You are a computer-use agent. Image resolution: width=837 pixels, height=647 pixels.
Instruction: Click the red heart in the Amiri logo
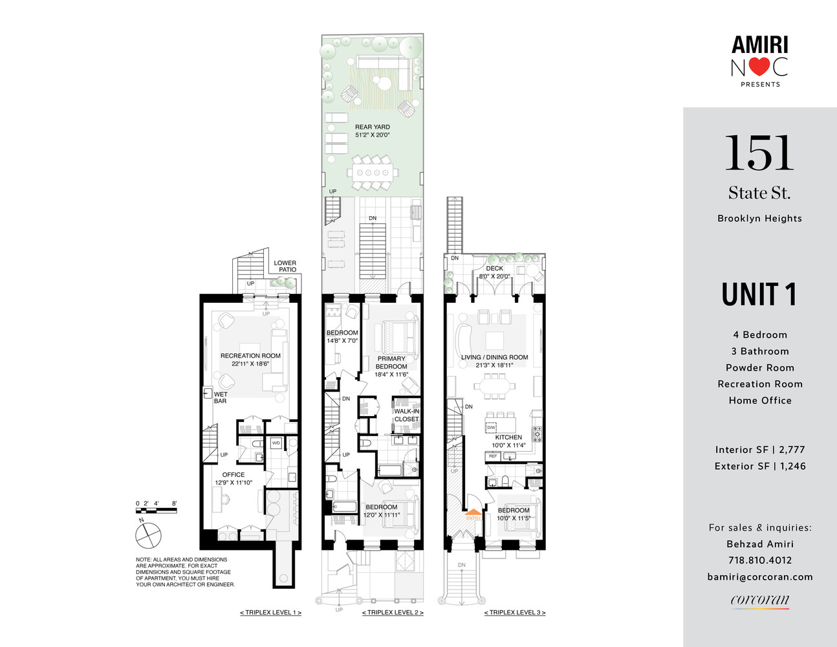(x=760, y=67)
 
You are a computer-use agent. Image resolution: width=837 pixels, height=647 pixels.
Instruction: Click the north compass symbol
(x=147, y=535)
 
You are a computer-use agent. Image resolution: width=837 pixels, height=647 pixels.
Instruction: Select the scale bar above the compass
(x=156, y=510)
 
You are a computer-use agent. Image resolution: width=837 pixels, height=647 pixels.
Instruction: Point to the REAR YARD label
(x=373, y=131)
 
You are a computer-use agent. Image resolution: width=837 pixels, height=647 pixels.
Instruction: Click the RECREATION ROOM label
(x=250, y=360)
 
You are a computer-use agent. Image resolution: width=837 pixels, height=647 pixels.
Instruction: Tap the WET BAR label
(x=221, y=397)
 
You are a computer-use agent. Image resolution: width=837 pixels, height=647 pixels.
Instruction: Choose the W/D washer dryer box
(x=276, y=443)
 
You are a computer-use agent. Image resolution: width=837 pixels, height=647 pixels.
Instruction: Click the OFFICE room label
(x=234, y=478)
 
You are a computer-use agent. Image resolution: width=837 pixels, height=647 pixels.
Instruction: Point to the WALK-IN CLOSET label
(x=407, y=415)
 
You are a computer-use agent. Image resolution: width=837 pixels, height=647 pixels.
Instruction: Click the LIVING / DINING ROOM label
(x=494, y=361)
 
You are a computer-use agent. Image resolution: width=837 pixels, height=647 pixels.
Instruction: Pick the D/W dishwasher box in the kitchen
(x=491, y=428)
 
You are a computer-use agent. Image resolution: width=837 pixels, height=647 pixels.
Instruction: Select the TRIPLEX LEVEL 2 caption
(x=393, y=612)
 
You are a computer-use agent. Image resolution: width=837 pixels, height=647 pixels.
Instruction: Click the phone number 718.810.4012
(x=760, y=560)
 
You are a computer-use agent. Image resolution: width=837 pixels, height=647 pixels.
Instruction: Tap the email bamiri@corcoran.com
(x=760, y=576)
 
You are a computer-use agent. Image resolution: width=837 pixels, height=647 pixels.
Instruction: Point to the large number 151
(x=759, y=154)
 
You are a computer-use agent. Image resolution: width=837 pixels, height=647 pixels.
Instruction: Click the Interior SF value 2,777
(x=792, y=450)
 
